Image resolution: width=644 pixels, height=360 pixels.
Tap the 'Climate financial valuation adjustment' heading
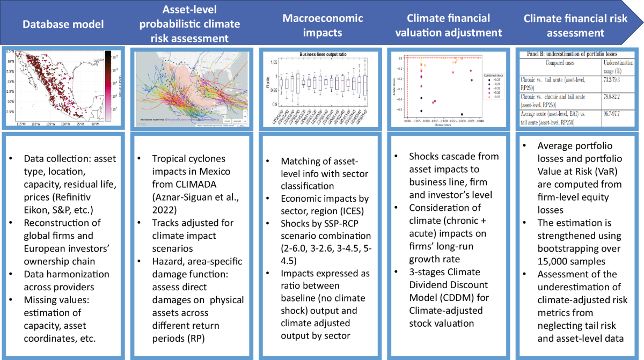click(x=449, y=25)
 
